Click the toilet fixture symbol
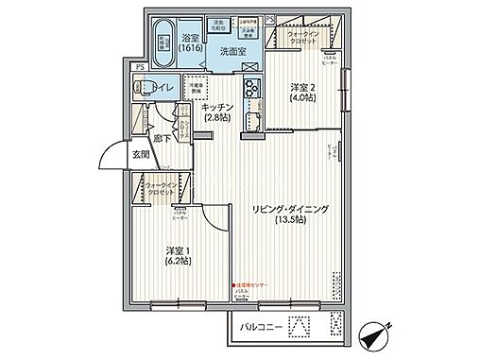[x=146, y=88]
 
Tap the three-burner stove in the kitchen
[x=252, y=91]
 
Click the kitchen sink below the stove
[x=253, y=121]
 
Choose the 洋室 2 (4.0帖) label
[x=300, y=90]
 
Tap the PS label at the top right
[x=270, y=18]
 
